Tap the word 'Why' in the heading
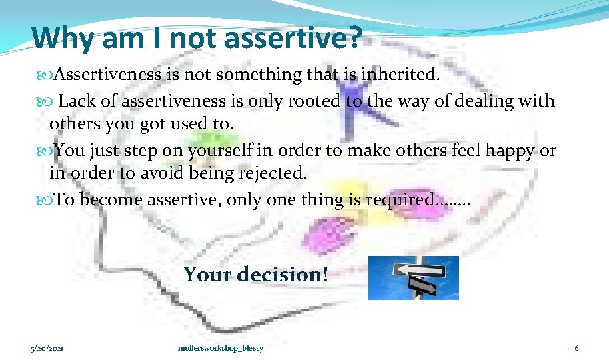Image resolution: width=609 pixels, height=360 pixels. click(x=63, y=38)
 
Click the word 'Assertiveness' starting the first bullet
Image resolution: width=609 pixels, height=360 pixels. click(x=107, y=75)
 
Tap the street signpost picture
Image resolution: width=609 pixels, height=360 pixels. click(x=414, y=277)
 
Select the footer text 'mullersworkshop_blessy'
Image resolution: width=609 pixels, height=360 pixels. click(x=221, y=349)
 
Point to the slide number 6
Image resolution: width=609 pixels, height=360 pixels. click(x=577, y=349)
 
